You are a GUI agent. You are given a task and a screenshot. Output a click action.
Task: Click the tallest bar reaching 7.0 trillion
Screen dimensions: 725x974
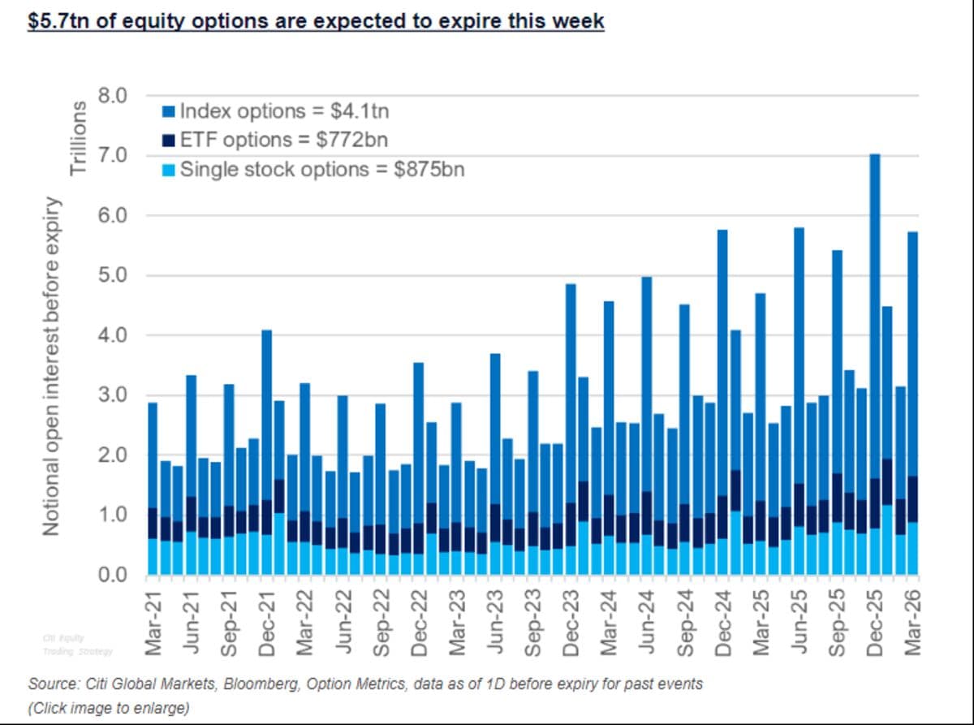874,365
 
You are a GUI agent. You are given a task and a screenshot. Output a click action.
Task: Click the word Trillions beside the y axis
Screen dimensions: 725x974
79,138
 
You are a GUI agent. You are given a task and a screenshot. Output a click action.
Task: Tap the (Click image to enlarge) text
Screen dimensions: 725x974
108,708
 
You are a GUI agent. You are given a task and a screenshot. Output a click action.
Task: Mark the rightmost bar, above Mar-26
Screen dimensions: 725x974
912,406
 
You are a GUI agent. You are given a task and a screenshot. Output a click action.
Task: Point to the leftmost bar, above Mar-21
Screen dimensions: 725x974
152,487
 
